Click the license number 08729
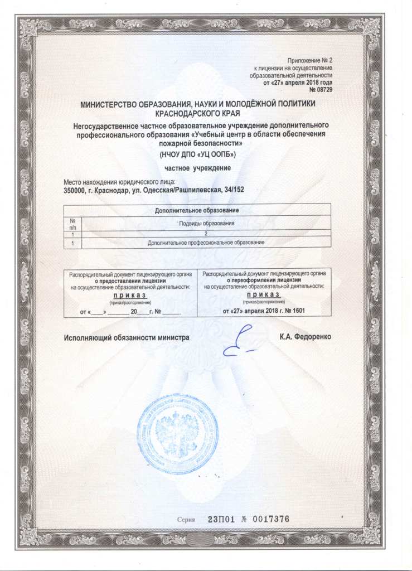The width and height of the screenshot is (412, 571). pyautogui.click(x=324, y=89)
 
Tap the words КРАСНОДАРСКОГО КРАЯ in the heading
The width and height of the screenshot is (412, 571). pyautogui.click(x=198, y=113)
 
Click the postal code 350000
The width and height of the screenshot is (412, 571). pyautogui.click(x=76, y=190)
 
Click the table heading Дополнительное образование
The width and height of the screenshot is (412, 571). pyautogui.click(x=198, y=210)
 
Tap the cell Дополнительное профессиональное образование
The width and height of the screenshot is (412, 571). pyautogui.click(x=206, y=243)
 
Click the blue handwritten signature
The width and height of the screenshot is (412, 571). pyautogui.click(x=237, y=343)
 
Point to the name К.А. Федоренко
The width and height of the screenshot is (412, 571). pyautogui.click(x=309, y=337)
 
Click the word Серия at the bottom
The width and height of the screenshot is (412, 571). pyautogui.click(x=186, y=519)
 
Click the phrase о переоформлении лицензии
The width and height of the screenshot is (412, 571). pyautogui.click(x=264, y=280)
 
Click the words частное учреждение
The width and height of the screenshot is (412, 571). pyautogui.click(x=198, y=167)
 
